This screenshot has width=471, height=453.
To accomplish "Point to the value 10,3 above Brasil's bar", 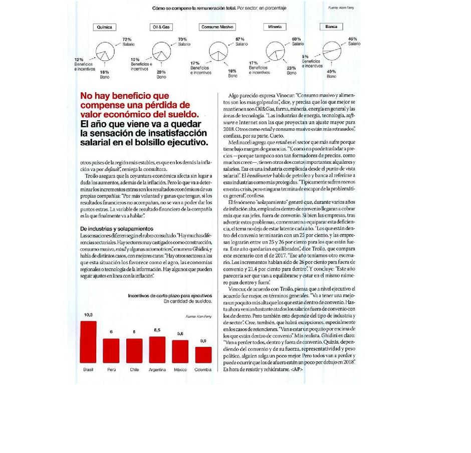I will (88, 315).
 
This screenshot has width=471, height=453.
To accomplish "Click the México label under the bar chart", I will (180, 370).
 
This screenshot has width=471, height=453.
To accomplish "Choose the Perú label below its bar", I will (111, 370).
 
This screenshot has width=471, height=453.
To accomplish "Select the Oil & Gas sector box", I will (161, 27).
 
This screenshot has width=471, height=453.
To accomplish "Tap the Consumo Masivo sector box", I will (217, 27).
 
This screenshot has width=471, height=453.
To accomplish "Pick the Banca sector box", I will (331, 27).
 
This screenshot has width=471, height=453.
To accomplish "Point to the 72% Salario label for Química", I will (127, 42).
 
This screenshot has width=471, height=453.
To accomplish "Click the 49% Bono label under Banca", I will (331, 74).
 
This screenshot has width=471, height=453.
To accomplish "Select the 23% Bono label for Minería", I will (291, 70).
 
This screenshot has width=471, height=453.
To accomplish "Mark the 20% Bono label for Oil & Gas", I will (161, 74).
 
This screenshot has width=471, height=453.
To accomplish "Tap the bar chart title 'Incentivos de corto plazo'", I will (170, 296).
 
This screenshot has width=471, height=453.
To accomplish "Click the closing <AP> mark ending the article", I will (296, 369).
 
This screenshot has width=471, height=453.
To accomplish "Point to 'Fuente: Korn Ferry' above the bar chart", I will (198, 317).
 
